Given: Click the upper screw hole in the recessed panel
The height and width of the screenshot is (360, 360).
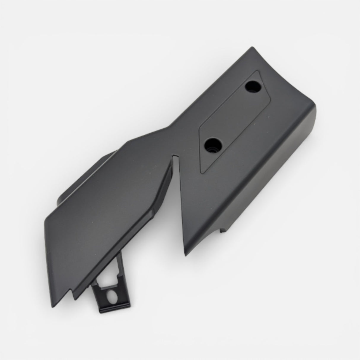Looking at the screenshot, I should click(253, 87).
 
